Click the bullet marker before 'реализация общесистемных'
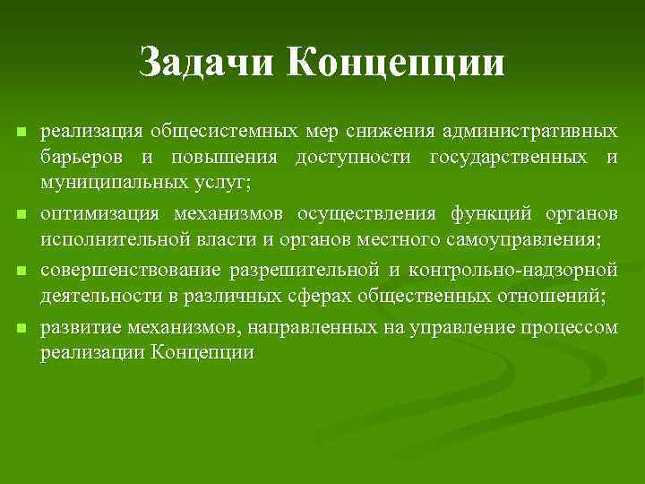[20, 133]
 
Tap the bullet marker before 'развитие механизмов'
[20, 328]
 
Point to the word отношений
[556, 296]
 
